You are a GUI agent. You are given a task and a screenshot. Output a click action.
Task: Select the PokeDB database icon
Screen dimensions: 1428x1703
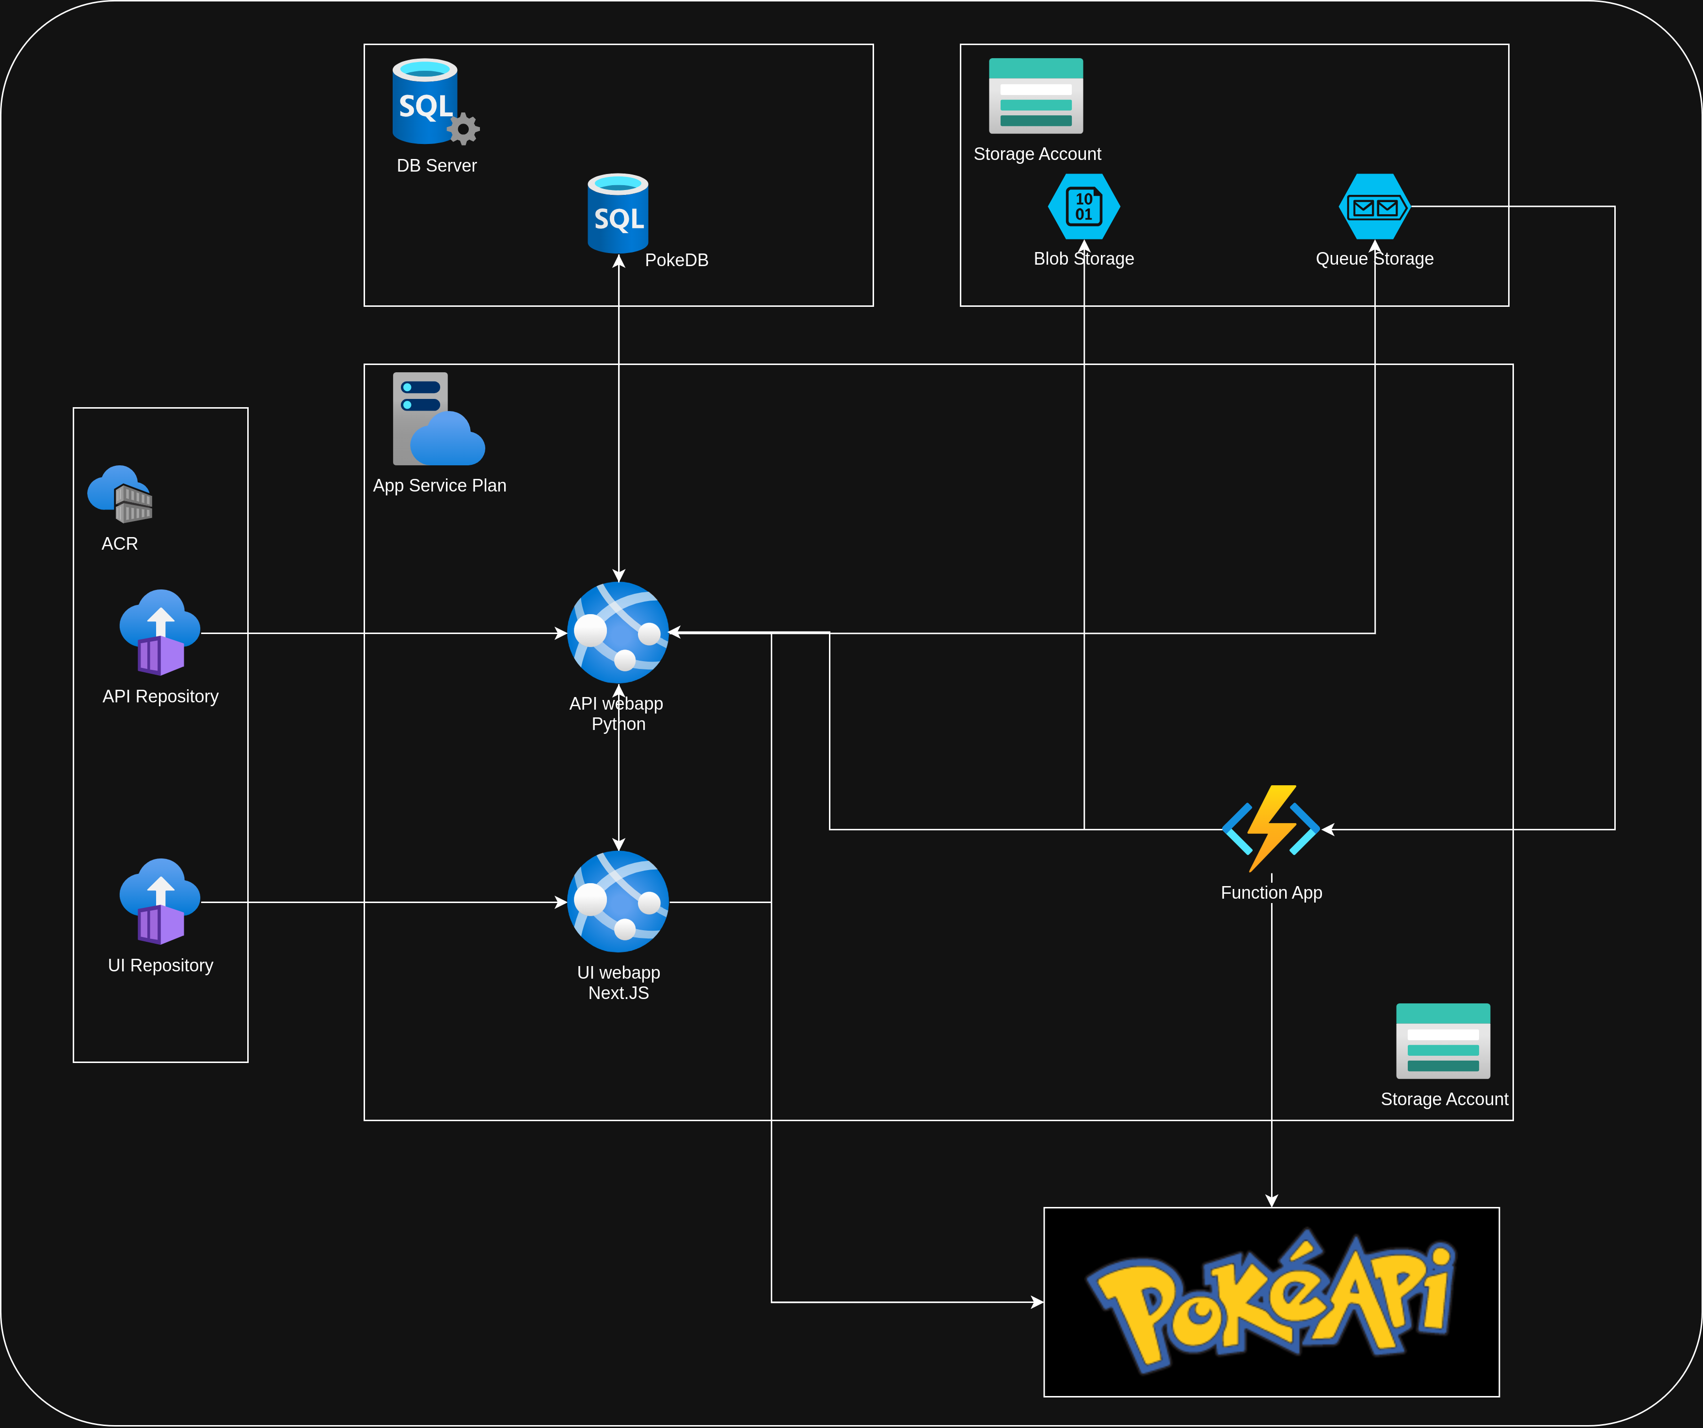point(618,213)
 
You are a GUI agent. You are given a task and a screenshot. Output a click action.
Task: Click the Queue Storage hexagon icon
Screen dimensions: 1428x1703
point(1374,207)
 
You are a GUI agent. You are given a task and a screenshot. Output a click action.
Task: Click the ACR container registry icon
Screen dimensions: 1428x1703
point(120,494)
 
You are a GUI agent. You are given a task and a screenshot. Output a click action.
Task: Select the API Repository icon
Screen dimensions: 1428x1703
point(160,633)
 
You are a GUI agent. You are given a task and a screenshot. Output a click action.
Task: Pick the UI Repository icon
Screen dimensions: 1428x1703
point(160,902)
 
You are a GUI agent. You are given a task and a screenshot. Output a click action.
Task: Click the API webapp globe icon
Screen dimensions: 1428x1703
point(618,633)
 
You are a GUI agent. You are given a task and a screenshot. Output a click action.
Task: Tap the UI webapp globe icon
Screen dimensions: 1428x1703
point(618,902)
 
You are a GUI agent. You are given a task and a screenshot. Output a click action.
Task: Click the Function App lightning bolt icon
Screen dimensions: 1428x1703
point(1271,828)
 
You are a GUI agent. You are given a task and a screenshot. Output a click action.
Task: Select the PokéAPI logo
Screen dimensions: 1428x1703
point(1271,1301)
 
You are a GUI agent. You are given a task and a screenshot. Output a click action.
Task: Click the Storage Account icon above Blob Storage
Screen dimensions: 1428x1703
point(1035,95)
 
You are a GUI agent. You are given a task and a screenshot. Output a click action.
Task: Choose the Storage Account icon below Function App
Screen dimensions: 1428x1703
point(1443,1041)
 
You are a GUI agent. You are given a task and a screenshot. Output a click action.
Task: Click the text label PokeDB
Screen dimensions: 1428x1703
point(676,260)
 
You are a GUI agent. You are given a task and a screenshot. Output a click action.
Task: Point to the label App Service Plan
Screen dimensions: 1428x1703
point(440,486)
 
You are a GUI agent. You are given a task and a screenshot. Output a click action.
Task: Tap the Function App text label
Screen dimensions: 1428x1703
point(1271,893)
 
